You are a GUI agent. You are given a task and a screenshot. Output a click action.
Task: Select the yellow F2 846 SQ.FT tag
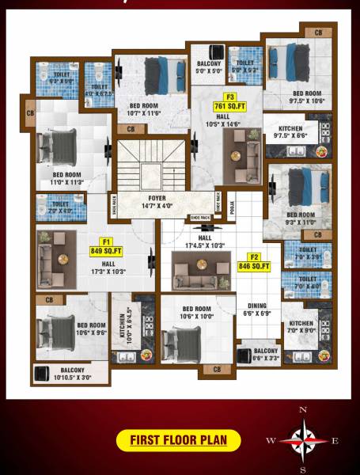tap(254, 262)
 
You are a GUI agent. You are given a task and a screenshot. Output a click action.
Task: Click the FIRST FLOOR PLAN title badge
tap(178, 440)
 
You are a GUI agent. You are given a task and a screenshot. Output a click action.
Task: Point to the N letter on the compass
tap(301, 410)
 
